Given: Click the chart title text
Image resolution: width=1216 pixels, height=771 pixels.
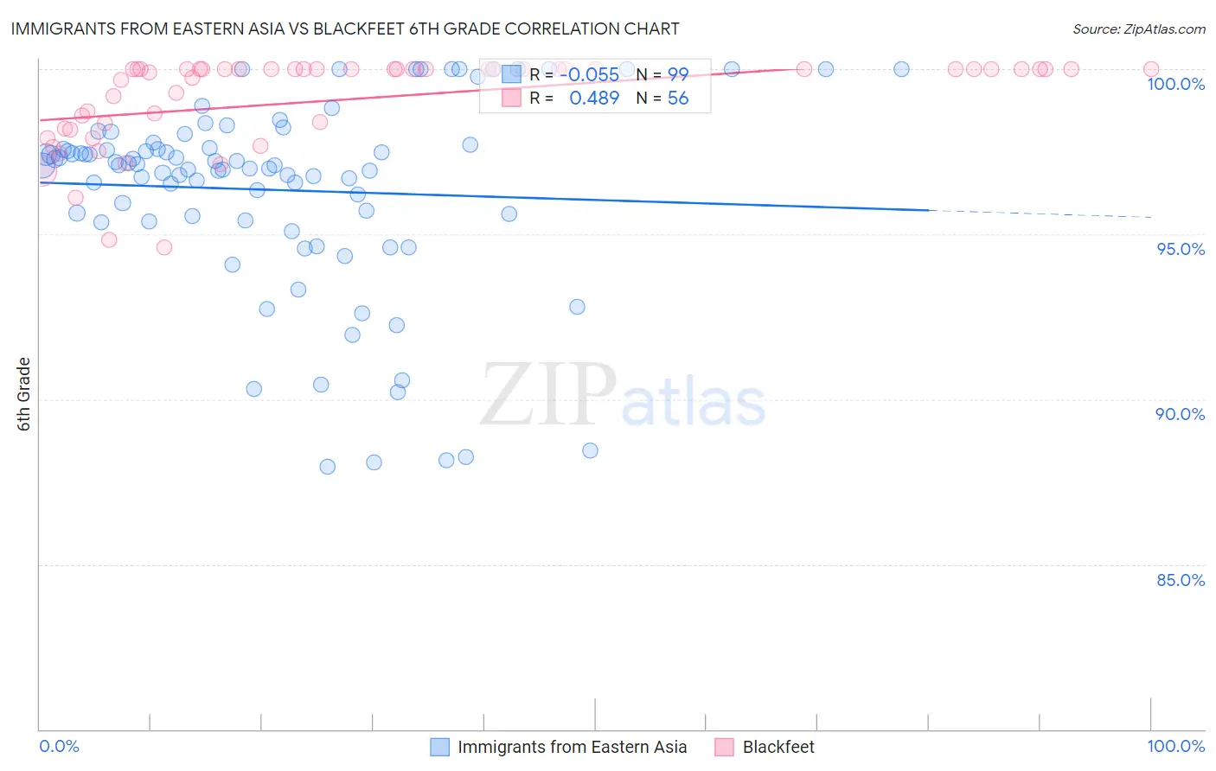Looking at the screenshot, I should coord(344,29).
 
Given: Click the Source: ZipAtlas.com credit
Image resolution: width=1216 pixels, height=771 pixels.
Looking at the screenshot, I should coord(1138,29).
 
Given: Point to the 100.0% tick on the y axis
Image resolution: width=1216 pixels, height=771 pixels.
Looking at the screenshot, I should coord(1175,84).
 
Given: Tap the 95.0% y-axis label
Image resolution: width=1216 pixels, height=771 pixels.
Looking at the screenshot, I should coord(1181,249).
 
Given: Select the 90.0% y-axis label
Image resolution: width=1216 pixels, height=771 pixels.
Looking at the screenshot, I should coord(1181,414).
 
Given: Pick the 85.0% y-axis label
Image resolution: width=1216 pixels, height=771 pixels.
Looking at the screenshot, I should coord(1181,580).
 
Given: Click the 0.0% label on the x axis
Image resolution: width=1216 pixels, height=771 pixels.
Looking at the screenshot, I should coord(60,746).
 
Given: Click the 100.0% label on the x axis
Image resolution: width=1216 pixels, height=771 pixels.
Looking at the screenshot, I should coord(1175,746).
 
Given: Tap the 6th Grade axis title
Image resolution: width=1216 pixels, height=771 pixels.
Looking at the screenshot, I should coord(24,394).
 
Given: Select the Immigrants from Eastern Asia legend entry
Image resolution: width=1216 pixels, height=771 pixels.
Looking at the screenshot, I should coord(572,747).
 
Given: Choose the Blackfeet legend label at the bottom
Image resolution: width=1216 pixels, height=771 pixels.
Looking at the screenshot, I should coord(778,747).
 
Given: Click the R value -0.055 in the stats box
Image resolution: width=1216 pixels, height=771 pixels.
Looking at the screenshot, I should coord(589,74).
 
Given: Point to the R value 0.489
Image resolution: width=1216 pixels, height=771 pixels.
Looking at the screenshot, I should coord(594,99).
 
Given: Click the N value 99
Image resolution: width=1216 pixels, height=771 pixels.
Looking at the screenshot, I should coord(678,74).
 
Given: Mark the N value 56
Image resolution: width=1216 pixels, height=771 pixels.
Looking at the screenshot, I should coord(678,99).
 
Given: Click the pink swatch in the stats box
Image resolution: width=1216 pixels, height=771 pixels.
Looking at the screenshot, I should coord(511,99).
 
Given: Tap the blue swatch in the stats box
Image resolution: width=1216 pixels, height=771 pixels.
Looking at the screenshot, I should coord(511,74).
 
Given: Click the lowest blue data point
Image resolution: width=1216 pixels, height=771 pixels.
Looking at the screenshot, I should coord(328,467).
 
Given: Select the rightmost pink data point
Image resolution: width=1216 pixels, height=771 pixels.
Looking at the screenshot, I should coord(1151,69).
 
